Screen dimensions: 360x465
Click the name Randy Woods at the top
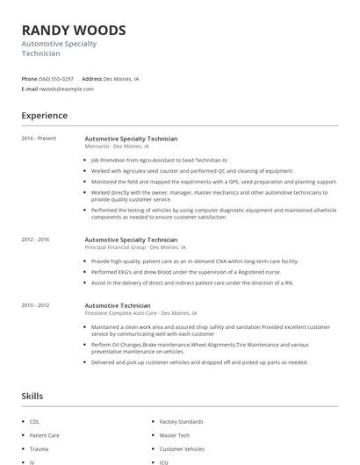click(74, 30)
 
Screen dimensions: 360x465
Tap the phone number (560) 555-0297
click(56, 78)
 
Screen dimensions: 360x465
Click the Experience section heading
click(45, 116)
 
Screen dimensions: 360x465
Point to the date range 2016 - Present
click(39, 139)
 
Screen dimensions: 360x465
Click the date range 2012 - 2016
click(36, 239)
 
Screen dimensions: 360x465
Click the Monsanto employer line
click(117, 147)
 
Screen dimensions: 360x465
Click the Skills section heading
click(32, 397)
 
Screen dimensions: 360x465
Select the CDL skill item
click(34, 422)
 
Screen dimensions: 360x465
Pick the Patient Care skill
click(44, 435)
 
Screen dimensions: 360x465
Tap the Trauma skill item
click(38, 448)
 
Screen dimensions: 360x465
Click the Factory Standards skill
click(181, 422)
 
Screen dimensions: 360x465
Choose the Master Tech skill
click(175, 435)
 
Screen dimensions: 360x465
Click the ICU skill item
click(164, 461)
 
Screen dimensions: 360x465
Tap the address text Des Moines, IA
click(121, 78)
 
